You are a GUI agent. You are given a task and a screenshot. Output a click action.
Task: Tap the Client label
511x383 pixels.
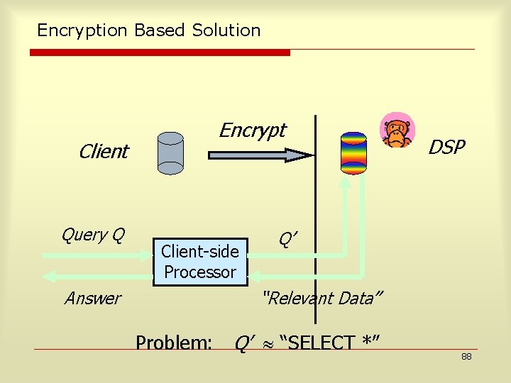coord(104,151)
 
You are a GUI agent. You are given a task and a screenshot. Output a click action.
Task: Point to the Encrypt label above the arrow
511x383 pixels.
coord(252,130)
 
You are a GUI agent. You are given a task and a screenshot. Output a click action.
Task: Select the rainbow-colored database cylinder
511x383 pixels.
coord(353,152)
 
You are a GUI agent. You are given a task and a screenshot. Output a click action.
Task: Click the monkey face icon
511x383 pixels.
coord(395,131)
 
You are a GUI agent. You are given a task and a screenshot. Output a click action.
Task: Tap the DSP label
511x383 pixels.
coord(446,147)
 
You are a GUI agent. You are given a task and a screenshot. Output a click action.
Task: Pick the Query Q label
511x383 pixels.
coord(93,234)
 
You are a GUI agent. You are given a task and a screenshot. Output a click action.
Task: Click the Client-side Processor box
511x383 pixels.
coord(200,262)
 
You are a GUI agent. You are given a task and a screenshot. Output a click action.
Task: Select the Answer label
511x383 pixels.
coord(92,298)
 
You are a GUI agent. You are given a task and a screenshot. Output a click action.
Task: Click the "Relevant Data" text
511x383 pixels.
coord(322,298)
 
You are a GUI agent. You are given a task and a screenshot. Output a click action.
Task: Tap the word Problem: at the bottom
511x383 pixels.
coord(174,343)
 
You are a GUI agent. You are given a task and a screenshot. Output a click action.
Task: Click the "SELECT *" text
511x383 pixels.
coord(330,343)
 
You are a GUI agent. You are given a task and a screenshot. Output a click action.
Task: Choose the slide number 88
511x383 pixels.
coord(466,356)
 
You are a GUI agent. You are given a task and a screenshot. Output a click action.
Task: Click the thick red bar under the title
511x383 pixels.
coord(160,52)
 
